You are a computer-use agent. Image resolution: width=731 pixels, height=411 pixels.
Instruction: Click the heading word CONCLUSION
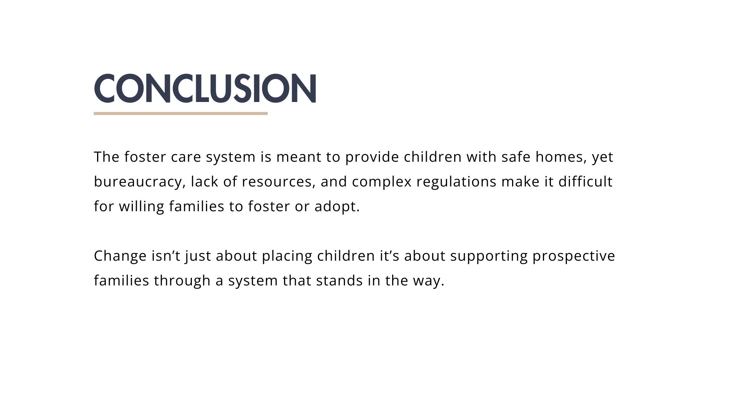point(205,88)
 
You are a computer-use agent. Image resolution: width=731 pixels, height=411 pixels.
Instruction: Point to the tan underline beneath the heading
point(181,113)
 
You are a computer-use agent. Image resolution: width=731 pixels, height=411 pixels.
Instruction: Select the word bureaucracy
point(140,182)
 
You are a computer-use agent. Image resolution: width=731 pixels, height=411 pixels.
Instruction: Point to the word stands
point(339,281)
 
